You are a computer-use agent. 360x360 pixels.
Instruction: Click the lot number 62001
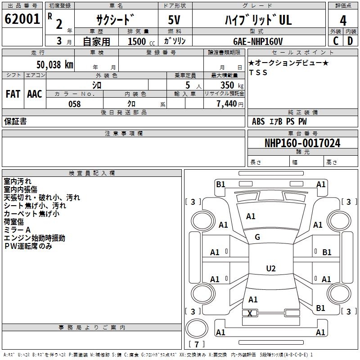(22, 19)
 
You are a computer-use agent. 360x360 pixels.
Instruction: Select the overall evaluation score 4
(343, 20)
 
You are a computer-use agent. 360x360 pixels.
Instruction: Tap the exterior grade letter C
(336, 41)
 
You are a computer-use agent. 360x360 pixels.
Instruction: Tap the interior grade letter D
(350, 41)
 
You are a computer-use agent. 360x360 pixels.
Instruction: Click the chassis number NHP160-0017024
(302, 143)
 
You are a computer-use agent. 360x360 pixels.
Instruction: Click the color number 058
(74, 104)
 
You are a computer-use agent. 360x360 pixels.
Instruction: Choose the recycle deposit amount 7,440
(229, 104)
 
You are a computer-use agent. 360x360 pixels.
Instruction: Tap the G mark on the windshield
(257, 237)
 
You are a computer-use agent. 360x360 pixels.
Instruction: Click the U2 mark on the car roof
(270, 269)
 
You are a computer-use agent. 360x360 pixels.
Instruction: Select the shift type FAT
(13, 94)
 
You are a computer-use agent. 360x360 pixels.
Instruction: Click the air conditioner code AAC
(35, 94)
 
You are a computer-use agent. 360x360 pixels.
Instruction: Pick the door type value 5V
(175, 20)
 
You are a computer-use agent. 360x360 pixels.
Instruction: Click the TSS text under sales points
(258, 73)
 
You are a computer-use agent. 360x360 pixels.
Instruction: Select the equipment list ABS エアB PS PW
(279, 121)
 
